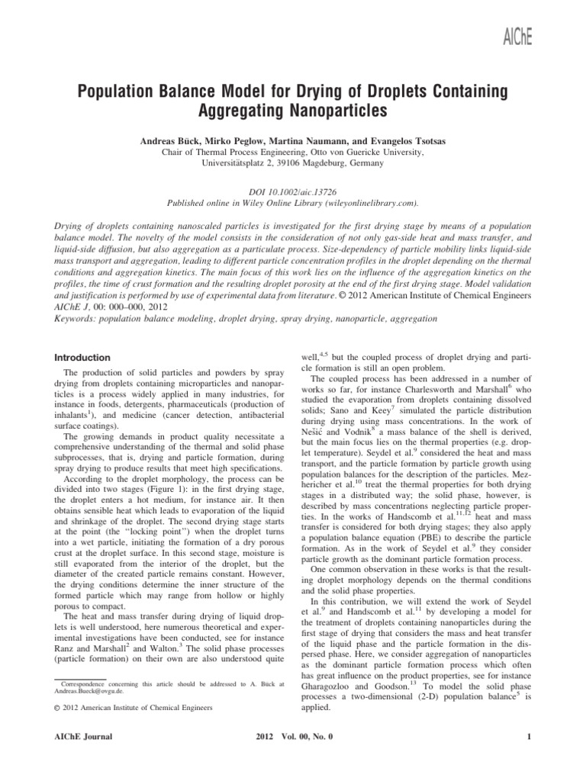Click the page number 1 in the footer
pos(529,736)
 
